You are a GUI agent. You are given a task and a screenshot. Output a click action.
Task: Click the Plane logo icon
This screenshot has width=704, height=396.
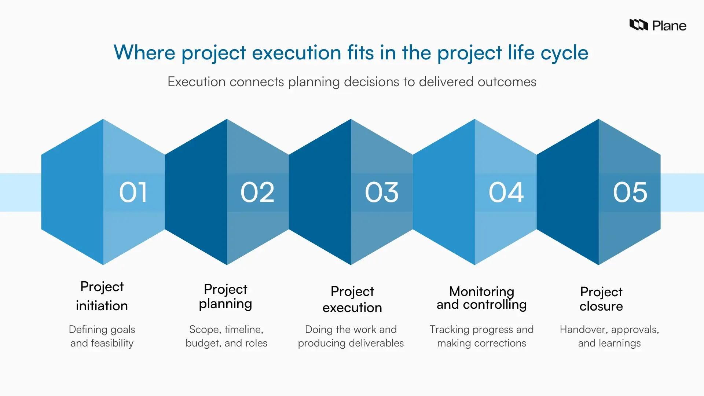pos(638,25)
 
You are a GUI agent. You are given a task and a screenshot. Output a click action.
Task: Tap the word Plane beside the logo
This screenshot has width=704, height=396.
pos(669,26)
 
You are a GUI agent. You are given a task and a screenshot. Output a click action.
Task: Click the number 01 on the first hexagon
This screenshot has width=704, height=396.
pos(133,192)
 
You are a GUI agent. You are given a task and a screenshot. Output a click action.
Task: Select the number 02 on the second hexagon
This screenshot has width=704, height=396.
pos(257,192)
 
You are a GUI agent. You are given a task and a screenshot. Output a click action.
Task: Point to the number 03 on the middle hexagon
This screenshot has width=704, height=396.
pos(382,192)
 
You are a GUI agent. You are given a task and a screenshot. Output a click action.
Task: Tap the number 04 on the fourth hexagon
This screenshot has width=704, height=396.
pos(506,192)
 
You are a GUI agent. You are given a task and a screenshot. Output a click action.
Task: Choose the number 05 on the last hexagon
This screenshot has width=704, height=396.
pos(630,192)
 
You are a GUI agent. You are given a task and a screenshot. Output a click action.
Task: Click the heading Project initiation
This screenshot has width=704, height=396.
pos(102,296)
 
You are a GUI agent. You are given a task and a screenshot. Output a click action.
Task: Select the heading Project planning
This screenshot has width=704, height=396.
pos(225,296)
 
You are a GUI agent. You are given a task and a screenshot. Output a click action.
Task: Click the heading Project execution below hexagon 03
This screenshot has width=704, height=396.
pos(352,299)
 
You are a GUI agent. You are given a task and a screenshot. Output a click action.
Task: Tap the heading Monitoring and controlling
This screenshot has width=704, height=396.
pos(481,298)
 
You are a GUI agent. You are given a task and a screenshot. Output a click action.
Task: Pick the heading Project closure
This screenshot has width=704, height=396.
pos(601,298)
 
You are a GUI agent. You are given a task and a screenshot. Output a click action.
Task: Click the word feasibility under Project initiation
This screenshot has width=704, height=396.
pos(112,343)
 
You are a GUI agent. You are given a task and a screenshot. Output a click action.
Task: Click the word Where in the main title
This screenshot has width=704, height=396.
pos(144,52)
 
